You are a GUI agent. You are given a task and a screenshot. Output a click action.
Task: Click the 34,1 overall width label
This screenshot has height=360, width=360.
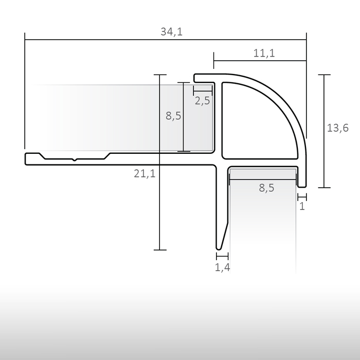point(172,32)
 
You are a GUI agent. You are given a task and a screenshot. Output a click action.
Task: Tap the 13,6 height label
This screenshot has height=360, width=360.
point(338,128)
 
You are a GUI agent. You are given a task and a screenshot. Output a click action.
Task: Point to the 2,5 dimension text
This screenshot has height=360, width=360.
point(202,101)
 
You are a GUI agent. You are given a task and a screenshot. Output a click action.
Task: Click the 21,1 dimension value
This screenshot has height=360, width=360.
point(145,174)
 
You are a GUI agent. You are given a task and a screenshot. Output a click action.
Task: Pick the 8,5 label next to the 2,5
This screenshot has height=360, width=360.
point(173,116)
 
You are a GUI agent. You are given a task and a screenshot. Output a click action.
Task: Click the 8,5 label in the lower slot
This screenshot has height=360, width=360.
point(266,188)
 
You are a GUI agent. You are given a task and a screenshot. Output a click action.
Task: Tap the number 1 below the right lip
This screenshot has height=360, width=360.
point(302,207)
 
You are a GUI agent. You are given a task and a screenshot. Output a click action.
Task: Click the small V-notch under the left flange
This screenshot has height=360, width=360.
point(75,160)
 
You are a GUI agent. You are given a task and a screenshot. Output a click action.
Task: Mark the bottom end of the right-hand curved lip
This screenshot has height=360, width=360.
point(302,186)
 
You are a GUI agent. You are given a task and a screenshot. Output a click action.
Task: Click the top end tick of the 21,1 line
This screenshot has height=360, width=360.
point(160,75)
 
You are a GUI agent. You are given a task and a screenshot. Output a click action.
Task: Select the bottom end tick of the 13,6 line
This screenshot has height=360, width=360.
point(324,188)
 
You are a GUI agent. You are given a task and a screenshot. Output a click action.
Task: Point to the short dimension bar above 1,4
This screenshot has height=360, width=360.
point(222,255)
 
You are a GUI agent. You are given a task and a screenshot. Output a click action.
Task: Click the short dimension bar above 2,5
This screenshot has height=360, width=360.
point(203,89)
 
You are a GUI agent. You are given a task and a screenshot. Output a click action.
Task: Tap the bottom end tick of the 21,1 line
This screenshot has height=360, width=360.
point(160,250)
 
